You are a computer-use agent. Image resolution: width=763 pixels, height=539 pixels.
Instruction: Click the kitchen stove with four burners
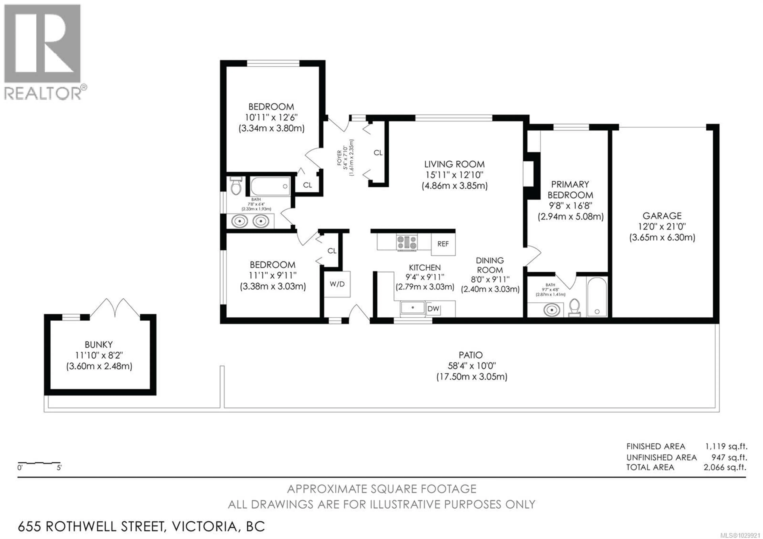click(x=407, y=242)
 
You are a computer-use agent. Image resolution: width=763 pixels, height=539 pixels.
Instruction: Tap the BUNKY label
click(x=99, y=345)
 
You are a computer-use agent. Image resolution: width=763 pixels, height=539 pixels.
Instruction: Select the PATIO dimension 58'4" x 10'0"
click(x=472, y=366)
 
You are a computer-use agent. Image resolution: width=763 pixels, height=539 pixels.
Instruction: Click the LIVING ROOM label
click(x=454, y=164)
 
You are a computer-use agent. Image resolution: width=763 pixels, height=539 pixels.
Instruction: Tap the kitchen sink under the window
click(x=412, y=308)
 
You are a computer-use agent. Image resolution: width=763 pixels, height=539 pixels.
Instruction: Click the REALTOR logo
click(x=43, y=51)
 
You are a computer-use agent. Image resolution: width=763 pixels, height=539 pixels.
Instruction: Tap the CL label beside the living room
click(x=378, y=153)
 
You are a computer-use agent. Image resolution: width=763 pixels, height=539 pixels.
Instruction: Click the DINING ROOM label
click(x=490, y=265)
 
